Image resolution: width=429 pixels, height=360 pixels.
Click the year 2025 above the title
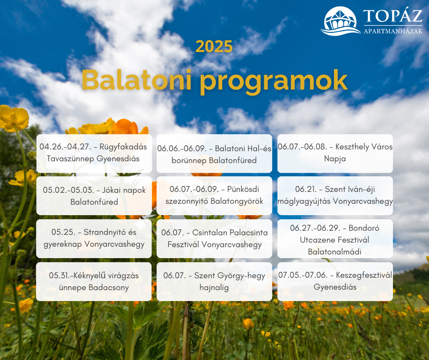[214, 47]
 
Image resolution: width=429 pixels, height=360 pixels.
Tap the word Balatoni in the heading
[136, 80]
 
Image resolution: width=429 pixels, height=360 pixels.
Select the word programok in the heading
[273, 82]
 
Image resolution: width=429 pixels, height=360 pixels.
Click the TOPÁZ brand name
[393, 16]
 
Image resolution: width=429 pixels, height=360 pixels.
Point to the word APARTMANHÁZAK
[393, 31]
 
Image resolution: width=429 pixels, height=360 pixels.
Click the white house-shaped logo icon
[340, 21]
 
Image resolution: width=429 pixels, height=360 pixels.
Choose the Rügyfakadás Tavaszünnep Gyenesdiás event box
[94, 154]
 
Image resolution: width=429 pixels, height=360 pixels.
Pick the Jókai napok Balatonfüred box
[94, 196]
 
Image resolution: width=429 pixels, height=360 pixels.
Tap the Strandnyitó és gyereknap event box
[94, 238]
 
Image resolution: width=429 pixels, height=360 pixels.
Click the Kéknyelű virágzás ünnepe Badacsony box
[94, 281]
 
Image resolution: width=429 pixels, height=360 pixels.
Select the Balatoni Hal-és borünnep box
[214, 154]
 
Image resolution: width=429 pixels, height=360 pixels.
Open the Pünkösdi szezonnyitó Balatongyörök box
[214, 196]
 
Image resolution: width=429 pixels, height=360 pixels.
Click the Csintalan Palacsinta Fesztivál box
[214, 238]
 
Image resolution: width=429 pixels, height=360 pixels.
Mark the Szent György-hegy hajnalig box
[214, 281]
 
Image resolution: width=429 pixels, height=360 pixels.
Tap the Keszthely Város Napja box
[335, 154]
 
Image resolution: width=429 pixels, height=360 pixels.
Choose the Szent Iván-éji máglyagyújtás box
[335, 196]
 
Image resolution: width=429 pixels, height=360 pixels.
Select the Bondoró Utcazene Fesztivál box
[335, 238]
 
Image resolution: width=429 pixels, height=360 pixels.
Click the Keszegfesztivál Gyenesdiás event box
[335, 281]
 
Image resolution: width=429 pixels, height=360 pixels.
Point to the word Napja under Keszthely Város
[335, 159]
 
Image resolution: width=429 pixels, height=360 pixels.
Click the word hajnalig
[214, 288]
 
